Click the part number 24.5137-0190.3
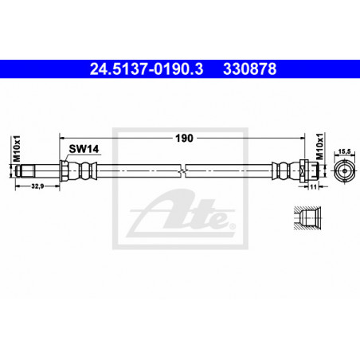point(147,69)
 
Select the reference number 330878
point(249,69)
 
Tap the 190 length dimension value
point(184,139)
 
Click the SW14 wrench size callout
point(84,149)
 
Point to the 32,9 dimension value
point(37,186)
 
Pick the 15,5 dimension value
point(344,151)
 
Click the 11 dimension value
point(313,187)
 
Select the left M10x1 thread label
point(17,149)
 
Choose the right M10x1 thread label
point(320,147)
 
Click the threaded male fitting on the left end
point(25,170)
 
